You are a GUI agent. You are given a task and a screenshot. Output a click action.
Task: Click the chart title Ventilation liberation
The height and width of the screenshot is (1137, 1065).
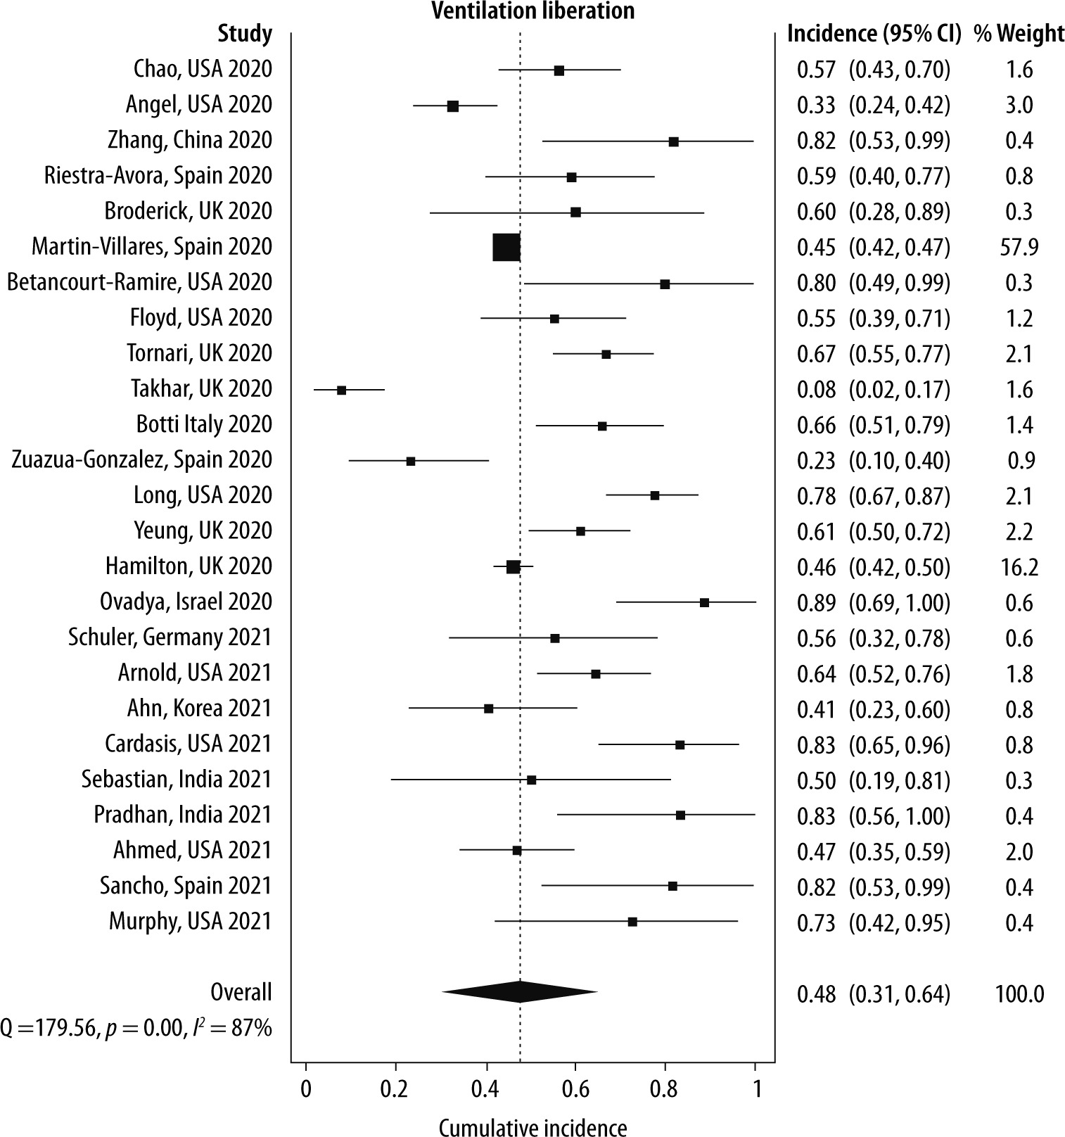coord(532,11)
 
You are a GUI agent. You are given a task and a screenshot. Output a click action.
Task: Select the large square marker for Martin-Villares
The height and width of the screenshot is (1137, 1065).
coord(506,247)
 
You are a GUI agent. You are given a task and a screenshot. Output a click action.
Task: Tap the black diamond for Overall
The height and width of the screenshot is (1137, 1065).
coord(519,991)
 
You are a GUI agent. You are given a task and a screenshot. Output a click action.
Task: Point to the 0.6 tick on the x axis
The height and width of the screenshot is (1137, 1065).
coord(575,1088)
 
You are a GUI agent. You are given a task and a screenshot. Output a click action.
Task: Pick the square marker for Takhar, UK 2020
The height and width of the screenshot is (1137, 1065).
coord(341,390)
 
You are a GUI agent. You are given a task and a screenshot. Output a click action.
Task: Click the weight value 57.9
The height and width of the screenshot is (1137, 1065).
coord(1019,247)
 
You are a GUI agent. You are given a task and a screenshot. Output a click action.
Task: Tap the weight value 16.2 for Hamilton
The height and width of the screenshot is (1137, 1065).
coord(1019,566)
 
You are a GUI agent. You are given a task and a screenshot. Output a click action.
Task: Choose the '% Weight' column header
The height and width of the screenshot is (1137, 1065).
coord(1019,33)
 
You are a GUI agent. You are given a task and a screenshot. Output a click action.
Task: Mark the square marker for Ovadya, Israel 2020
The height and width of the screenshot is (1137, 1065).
coord(704,602)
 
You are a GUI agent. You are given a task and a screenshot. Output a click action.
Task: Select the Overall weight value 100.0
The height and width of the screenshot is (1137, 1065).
coord(1019,993)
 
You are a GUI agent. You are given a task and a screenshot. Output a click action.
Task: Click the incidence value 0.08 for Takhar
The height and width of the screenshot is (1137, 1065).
coord(816,389)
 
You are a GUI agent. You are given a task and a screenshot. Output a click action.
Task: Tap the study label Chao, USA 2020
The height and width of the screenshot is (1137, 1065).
coord(203,69)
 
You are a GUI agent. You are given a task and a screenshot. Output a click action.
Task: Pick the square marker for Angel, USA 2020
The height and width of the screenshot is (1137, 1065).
coord(453,106)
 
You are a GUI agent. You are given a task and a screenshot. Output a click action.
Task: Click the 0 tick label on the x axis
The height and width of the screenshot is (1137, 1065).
coord(305,1088)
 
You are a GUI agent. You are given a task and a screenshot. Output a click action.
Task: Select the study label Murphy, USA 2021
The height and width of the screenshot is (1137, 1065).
coord(190,921)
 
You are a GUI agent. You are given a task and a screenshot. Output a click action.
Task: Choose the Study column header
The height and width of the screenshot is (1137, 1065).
coord(244,33)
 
